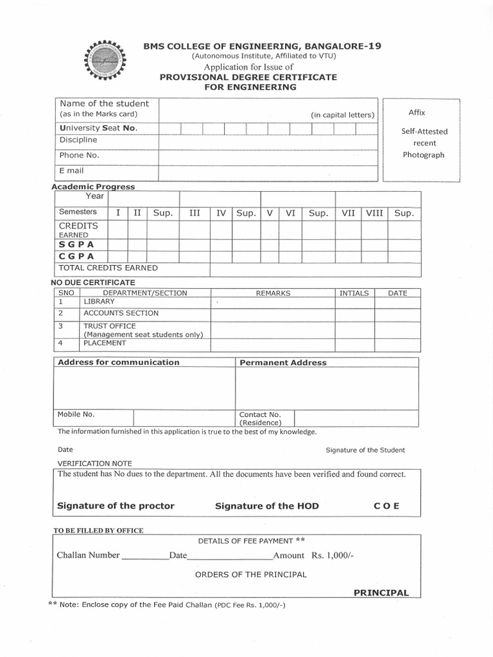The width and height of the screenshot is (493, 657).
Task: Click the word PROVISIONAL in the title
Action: point(189,77)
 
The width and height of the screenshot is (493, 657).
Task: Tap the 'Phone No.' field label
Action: point(79,155)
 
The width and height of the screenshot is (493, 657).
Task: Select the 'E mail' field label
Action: point(72,171)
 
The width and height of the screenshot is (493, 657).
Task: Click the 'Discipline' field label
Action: point(78,140)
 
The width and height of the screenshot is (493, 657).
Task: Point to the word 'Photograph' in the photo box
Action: point(423,155)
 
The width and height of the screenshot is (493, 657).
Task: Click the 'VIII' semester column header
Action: point(374,212)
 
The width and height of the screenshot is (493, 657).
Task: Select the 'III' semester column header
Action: point(195,212)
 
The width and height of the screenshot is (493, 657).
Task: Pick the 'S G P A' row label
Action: point(76,244)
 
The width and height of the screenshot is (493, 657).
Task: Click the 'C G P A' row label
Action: point(76,256)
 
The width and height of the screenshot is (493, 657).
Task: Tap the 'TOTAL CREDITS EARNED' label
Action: point(108,268)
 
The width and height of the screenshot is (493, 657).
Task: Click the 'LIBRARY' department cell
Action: point(99,302)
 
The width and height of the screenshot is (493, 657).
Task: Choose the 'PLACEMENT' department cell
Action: point(105,343)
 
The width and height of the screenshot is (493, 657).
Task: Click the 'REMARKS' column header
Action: point(273,293)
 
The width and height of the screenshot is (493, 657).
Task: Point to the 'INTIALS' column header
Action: point(354,293)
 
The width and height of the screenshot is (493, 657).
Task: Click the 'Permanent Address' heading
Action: point(282,363)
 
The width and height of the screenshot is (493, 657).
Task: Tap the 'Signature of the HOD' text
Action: point(266,506)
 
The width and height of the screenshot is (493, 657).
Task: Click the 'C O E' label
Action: point(386,506)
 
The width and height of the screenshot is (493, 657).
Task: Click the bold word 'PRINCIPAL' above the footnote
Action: point(381,593)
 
